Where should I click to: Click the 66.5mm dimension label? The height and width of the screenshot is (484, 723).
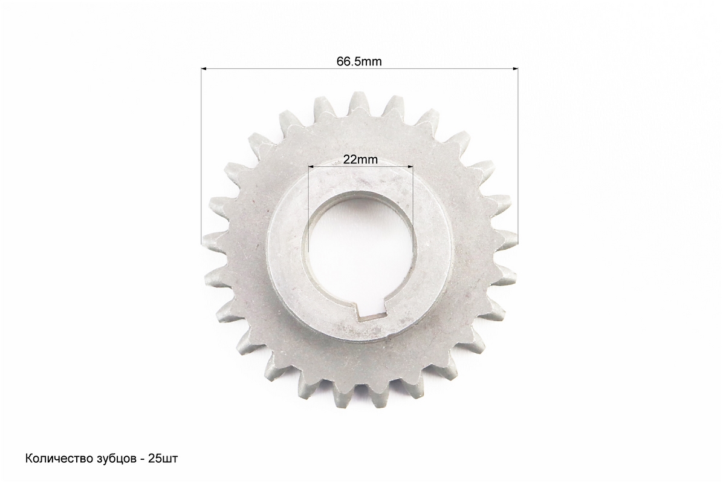click(358, 61)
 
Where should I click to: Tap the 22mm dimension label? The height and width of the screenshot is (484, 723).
click(360, 160)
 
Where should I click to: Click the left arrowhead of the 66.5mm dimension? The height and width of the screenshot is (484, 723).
click(204, 69)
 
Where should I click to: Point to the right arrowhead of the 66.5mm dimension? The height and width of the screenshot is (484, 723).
click(514, 69)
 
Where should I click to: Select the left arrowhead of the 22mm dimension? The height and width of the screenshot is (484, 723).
click(311, 166)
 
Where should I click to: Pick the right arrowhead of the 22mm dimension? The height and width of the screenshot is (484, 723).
click(409, 166)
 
